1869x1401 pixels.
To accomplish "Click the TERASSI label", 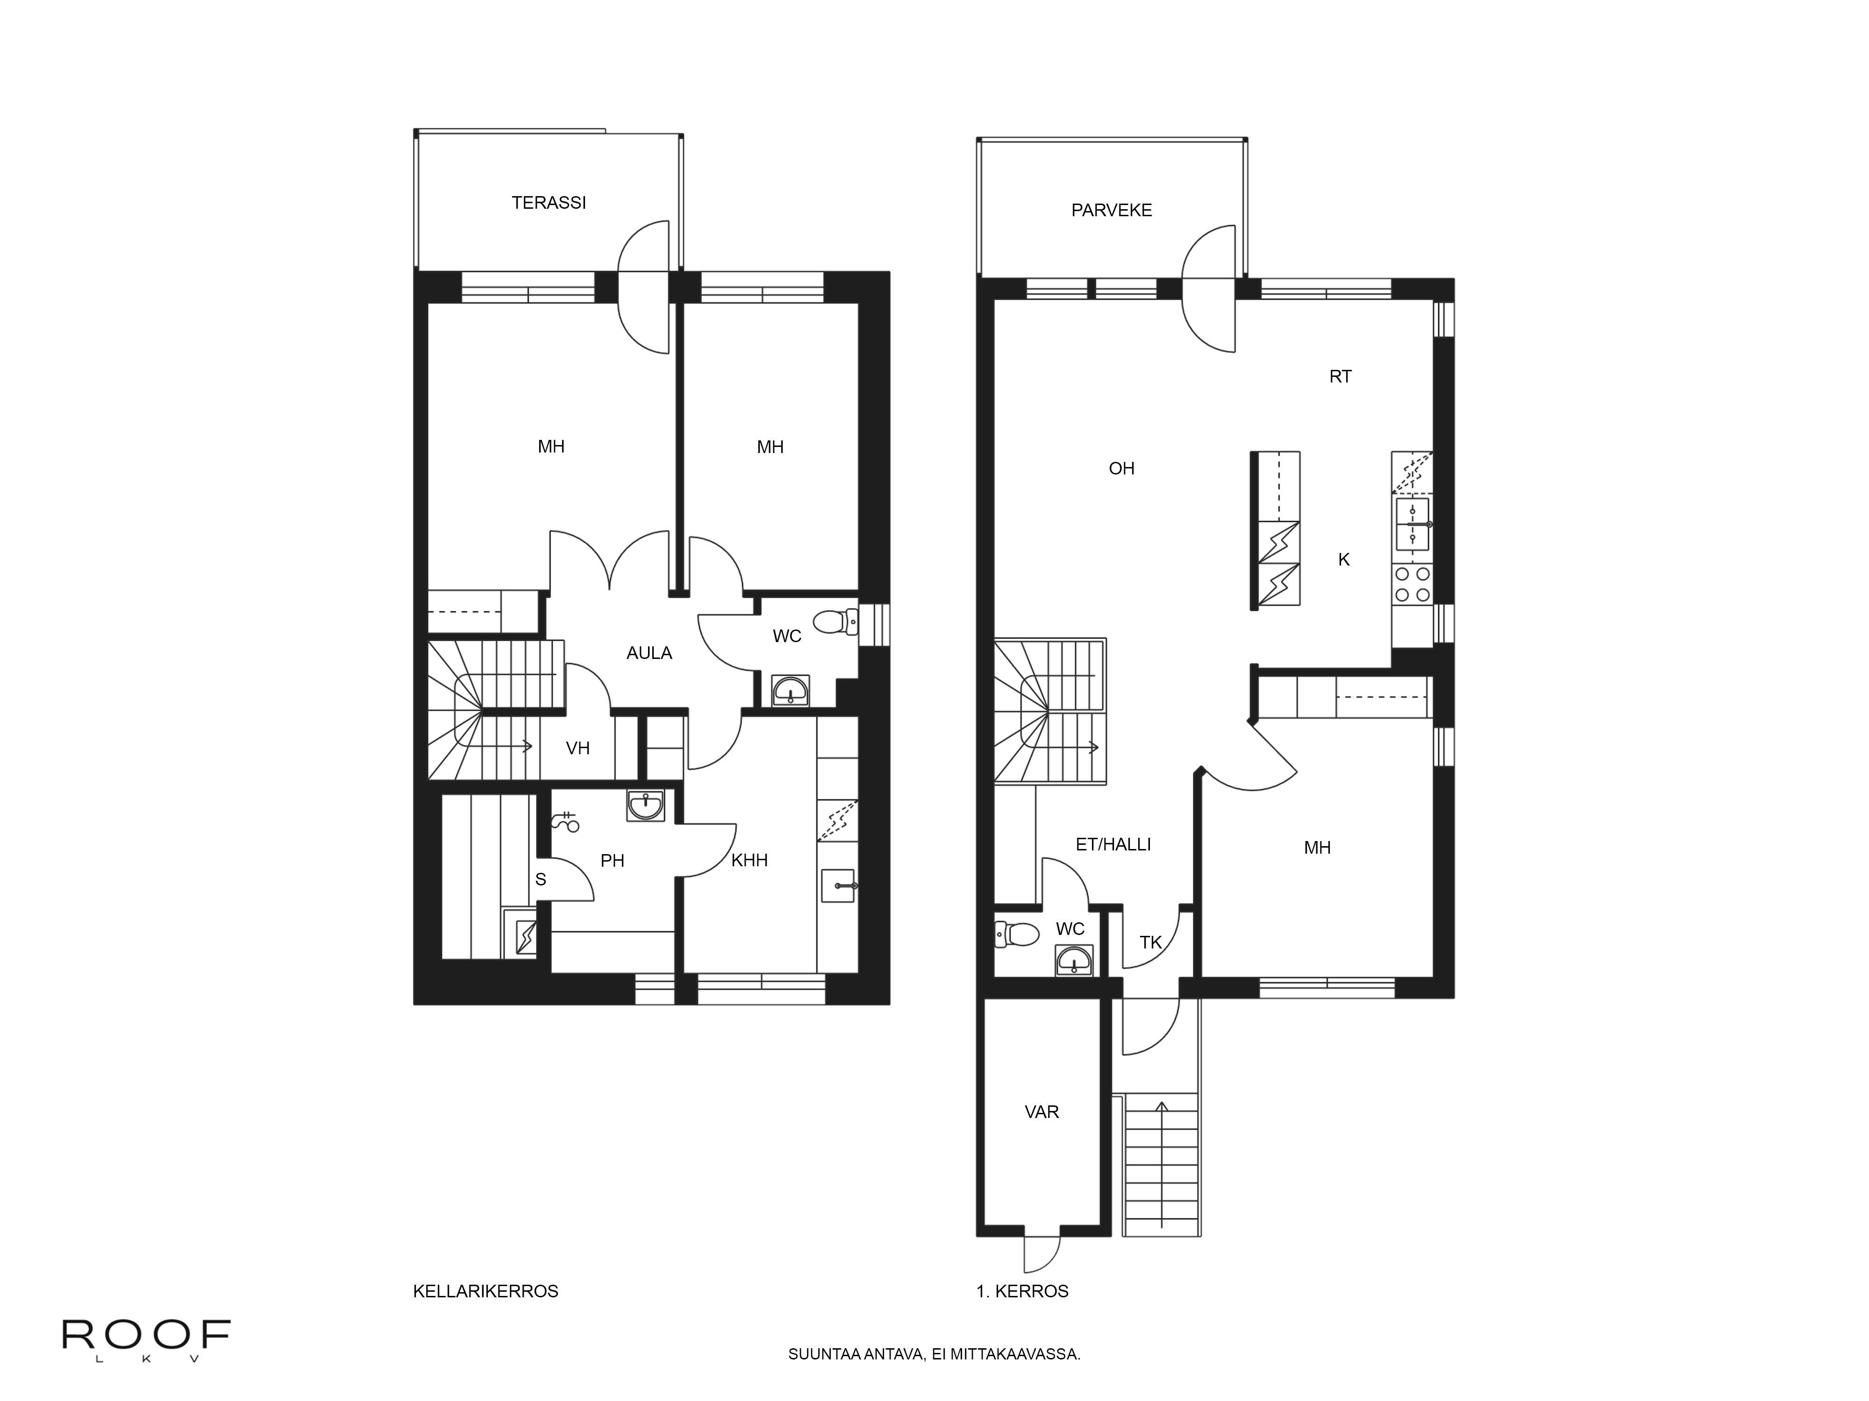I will pyautogui.click(x=549, y=203).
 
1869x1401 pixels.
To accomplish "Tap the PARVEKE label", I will pyautogui.click(x=1111, y=210).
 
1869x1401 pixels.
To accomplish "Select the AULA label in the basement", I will pyautogui.click(x=649, y=653).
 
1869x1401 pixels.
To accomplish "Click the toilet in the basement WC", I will pyautogui.click(x=835, y=623).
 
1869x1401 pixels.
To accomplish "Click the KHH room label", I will pyautogui.click(x=749, y=861).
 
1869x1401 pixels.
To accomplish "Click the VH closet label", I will pyautogui.click(x=578, y=748).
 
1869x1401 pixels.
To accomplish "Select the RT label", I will pyautogui.click(x=1340, y=377).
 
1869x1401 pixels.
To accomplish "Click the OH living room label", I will pyautogui.click(x=1121, y=469).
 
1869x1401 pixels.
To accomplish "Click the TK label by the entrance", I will pyautogui.click(x=1150, y=942).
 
